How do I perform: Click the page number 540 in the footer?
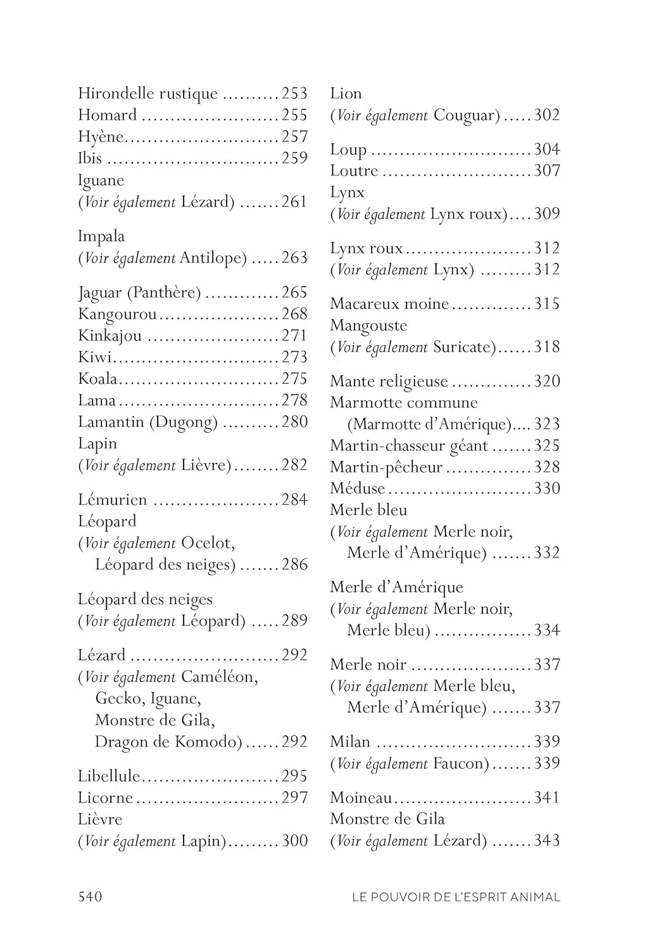(x=90, y=896)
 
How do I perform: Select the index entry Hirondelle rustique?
(x=148, y=94)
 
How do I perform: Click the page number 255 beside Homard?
(x=294, y=115)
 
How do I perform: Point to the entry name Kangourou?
(x=117, y=314)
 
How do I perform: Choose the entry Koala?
(x=97, y=379)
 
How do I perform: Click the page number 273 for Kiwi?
(x=294, y=357)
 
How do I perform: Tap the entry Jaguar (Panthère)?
(x=139, y=293)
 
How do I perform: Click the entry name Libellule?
(x=109, y=776)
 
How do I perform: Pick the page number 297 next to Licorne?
(x=294, y=798)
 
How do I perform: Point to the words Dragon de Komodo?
(x=168, y=742)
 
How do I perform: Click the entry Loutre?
(x=354, y=171)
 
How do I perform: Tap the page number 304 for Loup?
(x=547, y=149)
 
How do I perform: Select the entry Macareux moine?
(x=389, y=304)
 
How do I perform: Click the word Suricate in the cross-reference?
(x=465, y=347)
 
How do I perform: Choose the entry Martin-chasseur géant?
(x=408, y=446)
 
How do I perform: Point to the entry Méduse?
(x=357, y=488)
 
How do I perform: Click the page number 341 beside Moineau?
(x=547, y=797)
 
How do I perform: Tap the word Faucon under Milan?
(x=461, y=764)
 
